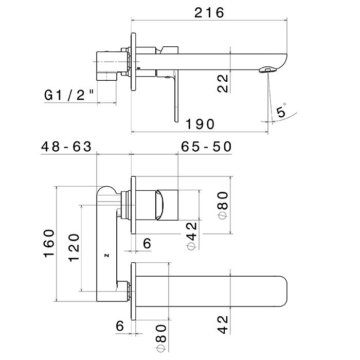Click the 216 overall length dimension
tap(209, 12)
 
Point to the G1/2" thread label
tap(69, 95)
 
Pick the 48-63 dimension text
tap(66, 147)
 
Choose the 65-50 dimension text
tap(206, 147)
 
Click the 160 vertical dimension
tap(49, 243)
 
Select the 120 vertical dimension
tap(74, 247)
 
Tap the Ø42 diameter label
tap(192, 236)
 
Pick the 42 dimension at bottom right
tap(223, 323)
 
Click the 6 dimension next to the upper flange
tap(147, 243)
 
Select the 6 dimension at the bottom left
tap(120, 325)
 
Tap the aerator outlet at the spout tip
tap(267, 68)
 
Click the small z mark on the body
tap(107, 254)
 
